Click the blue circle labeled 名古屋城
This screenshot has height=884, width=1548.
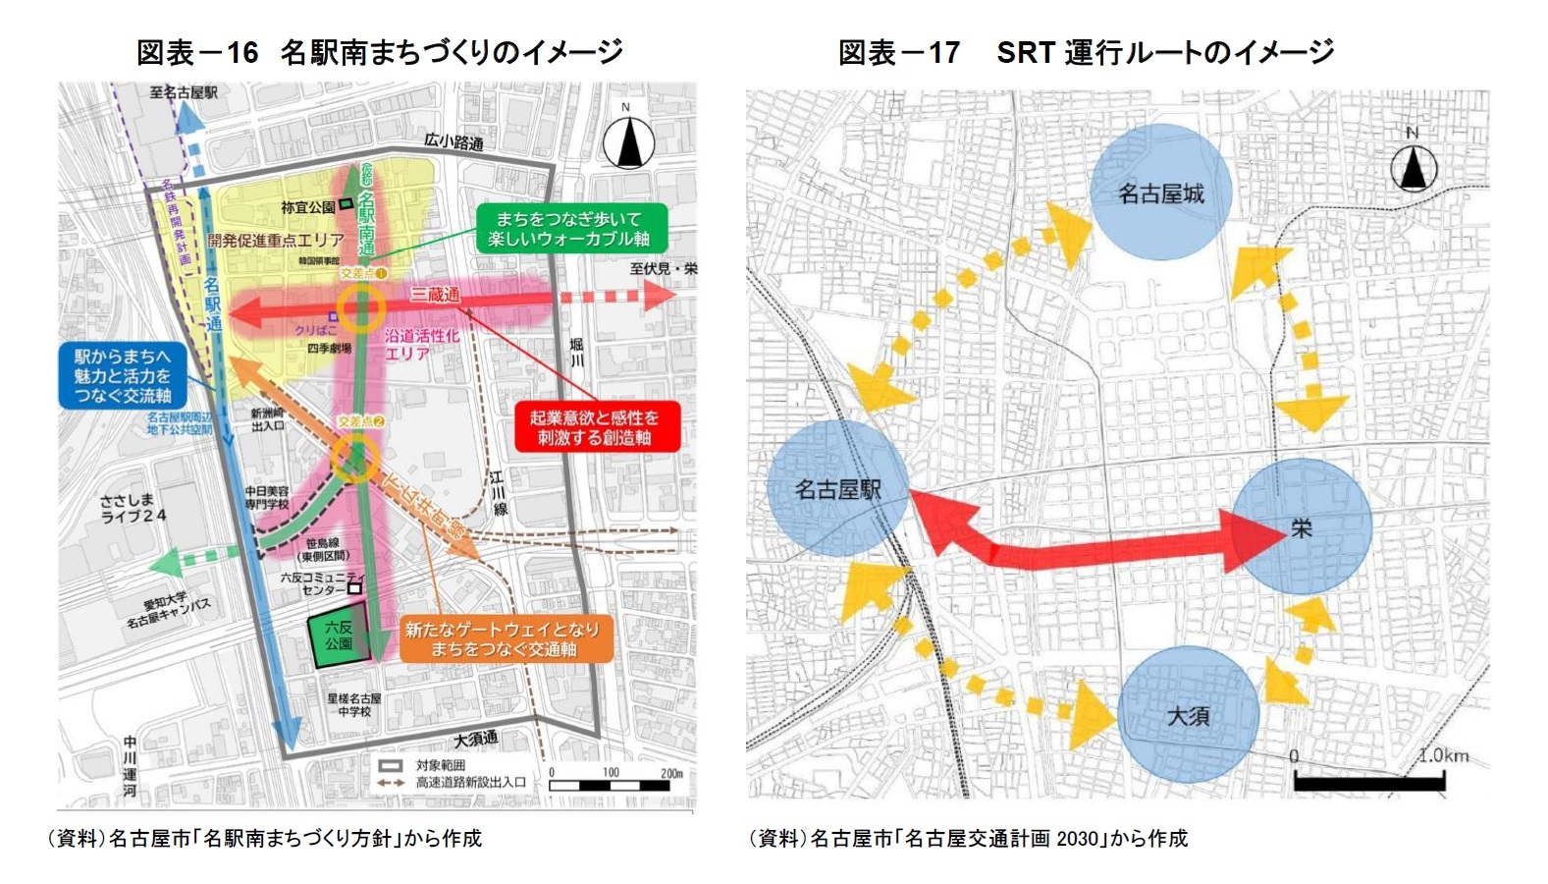click(1160, 193)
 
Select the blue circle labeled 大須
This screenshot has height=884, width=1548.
click(1188, 715)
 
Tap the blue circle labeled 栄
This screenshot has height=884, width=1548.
click(1301, 527)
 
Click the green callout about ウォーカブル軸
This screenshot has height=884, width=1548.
click(571, 229)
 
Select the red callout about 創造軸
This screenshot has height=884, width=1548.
click(596, 427)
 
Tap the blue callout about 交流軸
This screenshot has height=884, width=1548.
click(122, 376)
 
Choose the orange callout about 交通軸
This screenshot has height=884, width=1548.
click(505, 639)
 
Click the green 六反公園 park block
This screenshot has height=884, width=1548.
click(339, 638)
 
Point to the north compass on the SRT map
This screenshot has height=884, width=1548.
click(1413, 166)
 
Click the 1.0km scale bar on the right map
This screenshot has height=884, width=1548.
click(1368, 781)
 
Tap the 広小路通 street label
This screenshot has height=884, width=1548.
click(454, 142)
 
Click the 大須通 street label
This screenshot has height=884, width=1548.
click(475, 739)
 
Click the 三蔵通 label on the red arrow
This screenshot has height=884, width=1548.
click(434, 294)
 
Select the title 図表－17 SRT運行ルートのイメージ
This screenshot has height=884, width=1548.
click(1085, 52)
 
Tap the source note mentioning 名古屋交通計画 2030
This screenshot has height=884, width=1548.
click(968, 838)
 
